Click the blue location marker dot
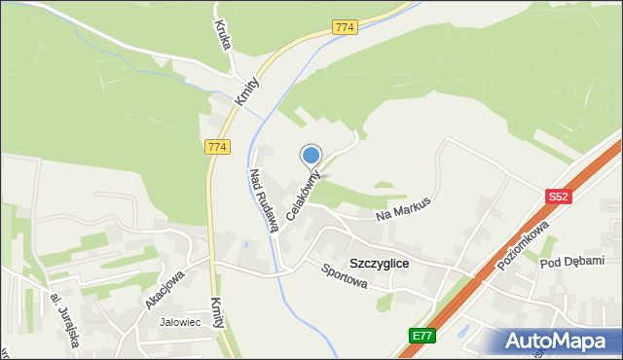coord(311,155)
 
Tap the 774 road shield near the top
coord(343,27)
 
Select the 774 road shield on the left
coord(217,147)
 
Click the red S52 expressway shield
coord(557,196)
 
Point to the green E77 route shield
coord(421,336)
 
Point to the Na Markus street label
coord(402,207)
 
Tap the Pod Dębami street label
coord(572,261)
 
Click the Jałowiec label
coord(180,322)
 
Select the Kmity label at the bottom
coord(220,315)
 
